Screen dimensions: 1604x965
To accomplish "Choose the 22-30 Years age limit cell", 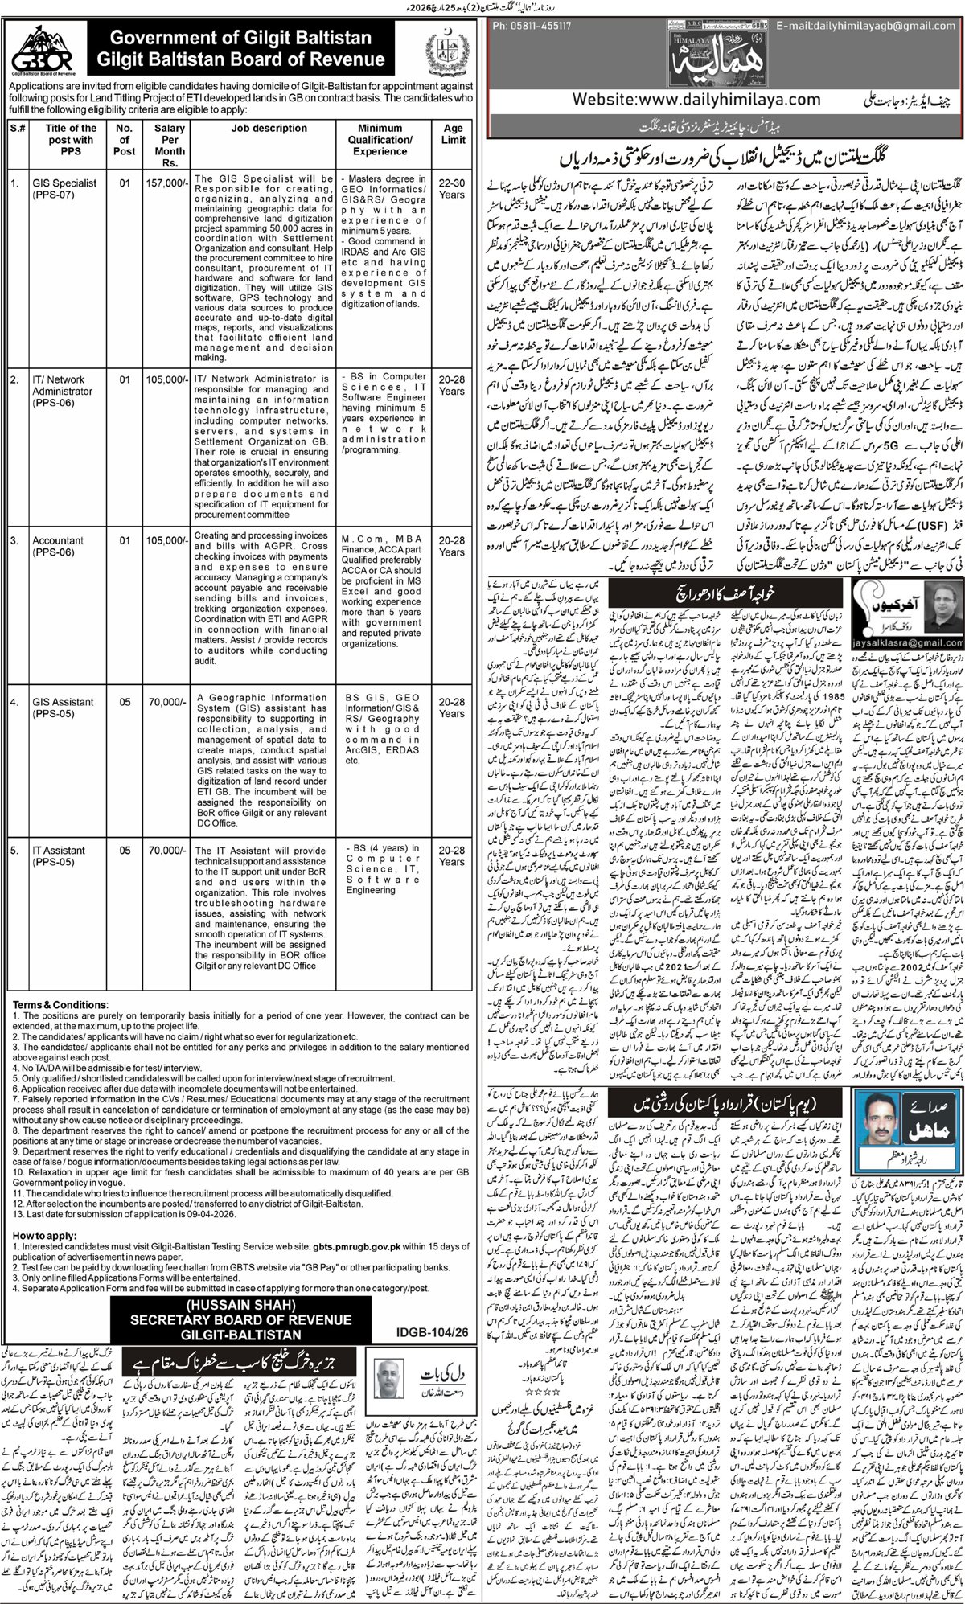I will (x=452, y=189).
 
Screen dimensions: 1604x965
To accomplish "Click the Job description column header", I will (x=264, y=128).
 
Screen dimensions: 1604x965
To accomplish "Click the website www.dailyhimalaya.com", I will (x=696, y=101).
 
